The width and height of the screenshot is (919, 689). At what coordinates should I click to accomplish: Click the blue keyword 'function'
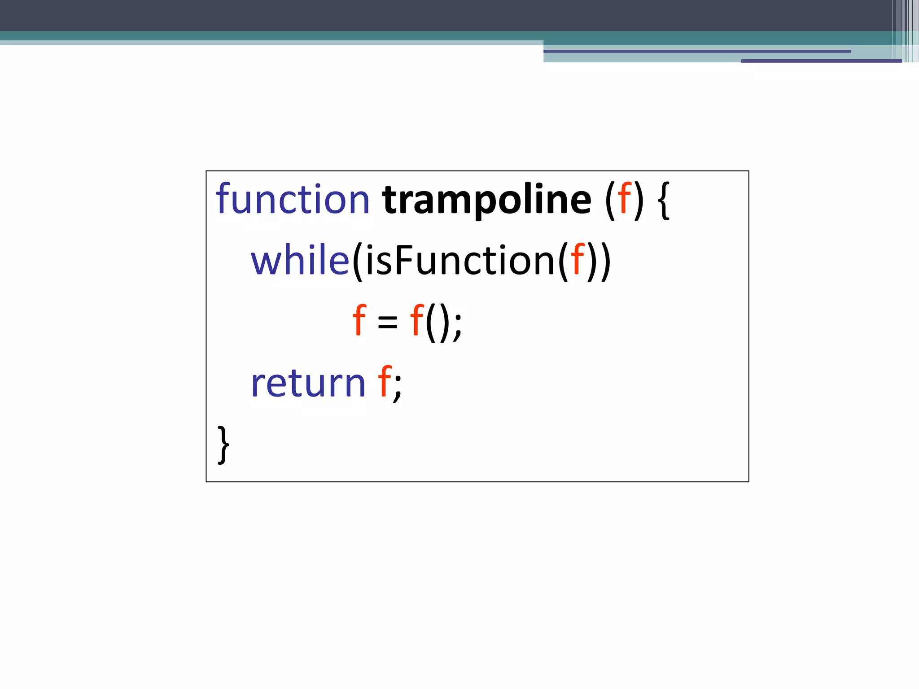pos(292,199)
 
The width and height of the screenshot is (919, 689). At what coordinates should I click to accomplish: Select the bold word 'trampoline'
pos(486,200)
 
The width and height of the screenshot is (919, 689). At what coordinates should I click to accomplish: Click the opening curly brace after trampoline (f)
pos(664,201)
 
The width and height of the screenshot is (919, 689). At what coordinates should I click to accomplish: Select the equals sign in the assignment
pos(388,322)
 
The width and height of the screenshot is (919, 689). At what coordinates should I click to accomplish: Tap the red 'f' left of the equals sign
pos(359,320)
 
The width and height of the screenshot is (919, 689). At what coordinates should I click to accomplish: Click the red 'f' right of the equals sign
pos(417,320)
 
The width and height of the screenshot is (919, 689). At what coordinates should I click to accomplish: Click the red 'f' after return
pos(385,382)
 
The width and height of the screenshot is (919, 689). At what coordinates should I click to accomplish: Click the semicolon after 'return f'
pos(398,387)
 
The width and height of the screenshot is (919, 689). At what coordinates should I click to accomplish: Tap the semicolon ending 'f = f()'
pos(458,325)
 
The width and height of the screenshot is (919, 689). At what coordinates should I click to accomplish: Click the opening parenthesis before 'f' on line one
pos(610,201)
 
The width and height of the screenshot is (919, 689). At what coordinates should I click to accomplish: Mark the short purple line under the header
pos(821,61)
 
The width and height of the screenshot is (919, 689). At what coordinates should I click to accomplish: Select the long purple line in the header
pos(697,52)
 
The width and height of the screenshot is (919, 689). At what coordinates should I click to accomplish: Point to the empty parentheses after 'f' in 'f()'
pos(437,322)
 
